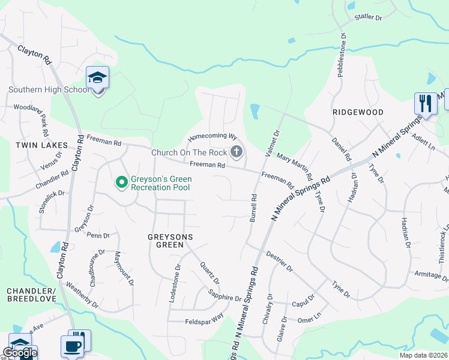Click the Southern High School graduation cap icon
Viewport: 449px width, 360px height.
click(x=97, y=77)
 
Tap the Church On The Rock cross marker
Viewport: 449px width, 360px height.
click(x=237, y=152)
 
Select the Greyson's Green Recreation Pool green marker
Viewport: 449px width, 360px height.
click(x=121, y=181)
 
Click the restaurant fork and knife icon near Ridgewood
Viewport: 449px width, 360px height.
click(x=426, y=103)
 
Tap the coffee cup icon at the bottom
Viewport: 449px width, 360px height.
click(x=73, y=346)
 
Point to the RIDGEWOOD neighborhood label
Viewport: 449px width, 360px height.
click(x=358, y=112)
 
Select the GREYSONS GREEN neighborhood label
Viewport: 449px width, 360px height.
click(x=170, y=237)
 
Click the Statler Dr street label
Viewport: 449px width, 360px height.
click(x=368, y=18)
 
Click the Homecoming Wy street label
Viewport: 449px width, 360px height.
click(x=212, y=137)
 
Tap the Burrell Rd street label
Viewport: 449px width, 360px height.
click(x=253, y=208)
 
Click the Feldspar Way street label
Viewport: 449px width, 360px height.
click(x=204, y=318)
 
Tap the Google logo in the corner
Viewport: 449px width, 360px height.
click(x=20, y=352)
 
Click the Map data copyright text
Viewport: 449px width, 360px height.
click(x=423, y=355)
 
